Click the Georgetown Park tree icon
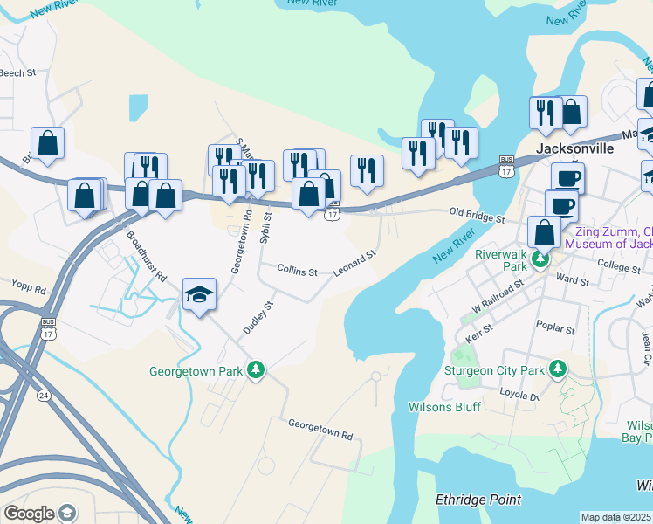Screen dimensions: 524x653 coord(256,371)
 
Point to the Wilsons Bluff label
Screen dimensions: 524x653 coord(443,407)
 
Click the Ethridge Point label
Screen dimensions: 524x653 coord(478,500)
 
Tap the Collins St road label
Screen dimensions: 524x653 coord(297,272)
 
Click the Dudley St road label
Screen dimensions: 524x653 coord(258,318)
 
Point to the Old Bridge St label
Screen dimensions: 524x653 coord(477,214)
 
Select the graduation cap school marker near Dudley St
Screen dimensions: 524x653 coord(199,295)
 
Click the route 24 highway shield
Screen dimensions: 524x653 coord(43,395)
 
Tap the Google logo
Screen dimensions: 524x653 coord(29,514)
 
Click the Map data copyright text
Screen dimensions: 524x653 coord(616,517)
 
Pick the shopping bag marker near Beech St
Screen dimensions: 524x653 coord(47,144)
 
